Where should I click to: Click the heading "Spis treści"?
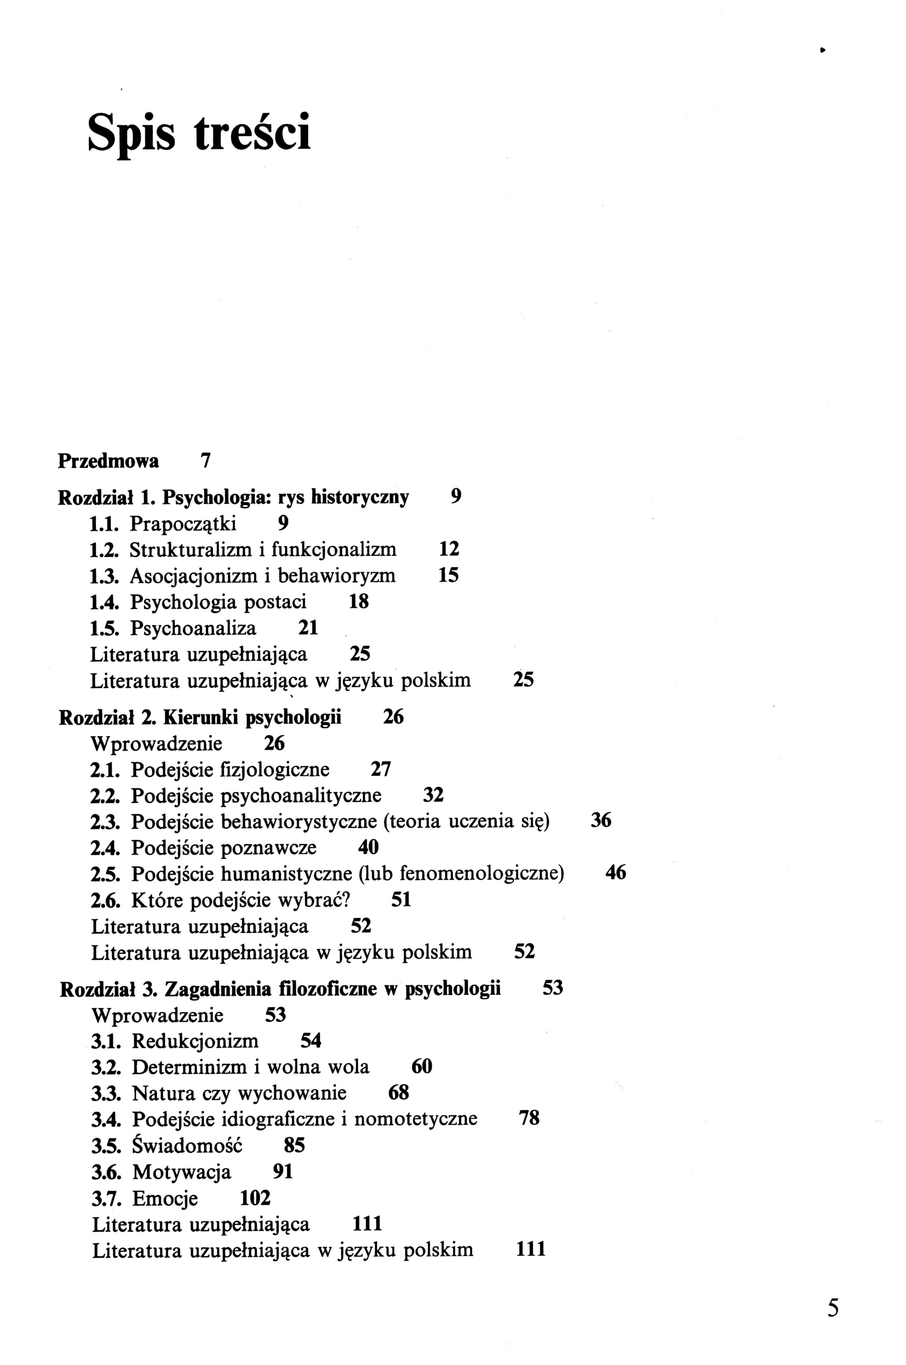[199, 132]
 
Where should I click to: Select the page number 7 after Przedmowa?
[205, 461]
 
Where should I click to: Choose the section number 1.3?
[105, 576]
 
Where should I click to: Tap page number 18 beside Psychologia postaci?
[359, 602]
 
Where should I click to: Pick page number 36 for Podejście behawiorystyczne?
[601, 821]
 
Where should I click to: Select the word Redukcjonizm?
[195, 1041]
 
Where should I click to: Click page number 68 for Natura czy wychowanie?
[399, 1093]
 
